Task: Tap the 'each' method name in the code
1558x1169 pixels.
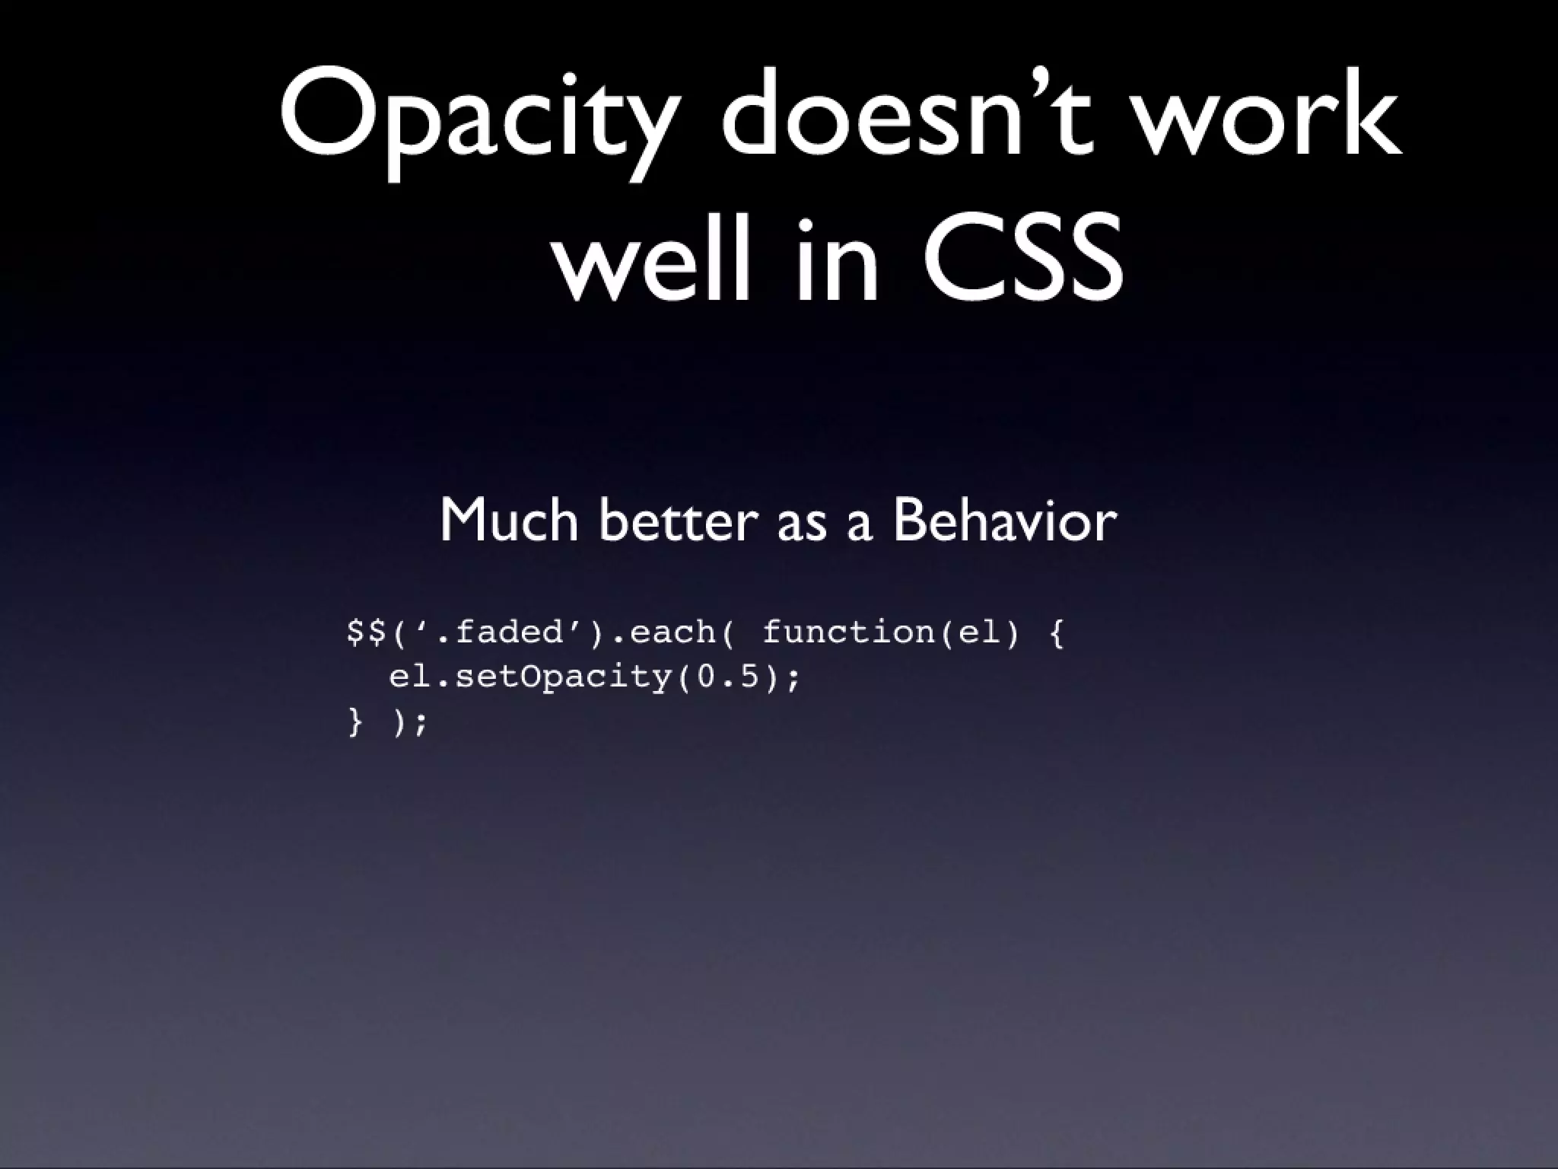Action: (x=672, y=632)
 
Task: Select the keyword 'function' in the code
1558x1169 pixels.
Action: (x=849, y=632)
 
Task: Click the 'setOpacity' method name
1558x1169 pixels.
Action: (x=563, y=677)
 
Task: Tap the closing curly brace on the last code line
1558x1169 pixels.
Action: (x=355, y=721)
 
